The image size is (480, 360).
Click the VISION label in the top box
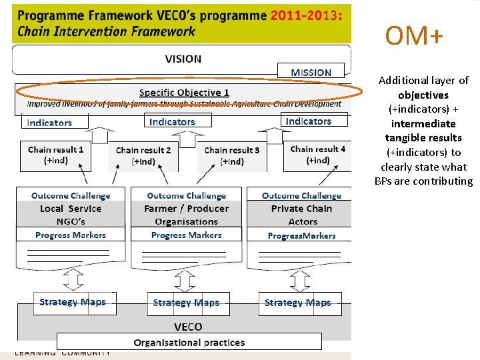(183, 59)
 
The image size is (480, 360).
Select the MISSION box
(311, 71)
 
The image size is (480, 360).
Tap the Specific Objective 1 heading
(184, 93)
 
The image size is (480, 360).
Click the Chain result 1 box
(56, 155)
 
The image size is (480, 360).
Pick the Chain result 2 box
(143, 155)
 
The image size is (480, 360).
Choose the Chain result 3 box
(232, 155)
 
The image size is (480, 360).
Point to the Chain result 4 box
(318, 155)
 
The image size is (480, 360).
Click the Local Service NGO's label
(71, 215)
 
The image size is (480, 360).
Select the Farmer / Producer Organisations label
(187, 215)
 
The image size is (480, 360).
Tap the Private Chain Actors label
(301, 215)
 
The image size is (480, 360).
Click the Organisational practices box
(189, 343)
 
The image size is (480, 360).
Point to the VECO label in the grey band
(188, 327)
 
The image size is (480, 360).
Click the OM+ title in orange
(413, 37)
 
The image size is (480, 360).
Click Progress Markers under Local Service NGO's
(71, 235)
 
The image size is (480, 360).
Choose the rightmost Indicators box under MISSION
(308, 121)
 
